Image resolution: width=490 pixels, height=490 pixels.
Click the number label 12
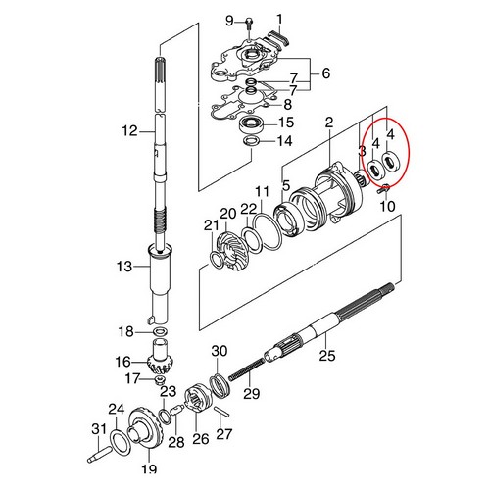pos(129,130)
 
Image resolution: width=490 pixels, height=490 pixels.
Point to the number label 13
pos(125,267)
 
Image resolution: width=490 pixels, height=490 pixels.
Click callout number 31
pos(98,428)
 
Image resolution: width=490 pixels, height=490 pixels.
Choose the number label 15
pos(326,72)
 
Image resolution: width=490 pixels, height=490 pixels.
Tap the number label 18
pos(126,330)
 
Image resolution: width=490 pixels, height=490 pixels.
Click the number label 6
pos(326,72)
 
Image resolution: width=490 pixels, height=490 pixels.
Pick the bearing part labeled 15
pos(253,123)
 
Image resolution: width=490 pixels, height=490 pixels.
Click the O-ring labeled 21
pos(214,260)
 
